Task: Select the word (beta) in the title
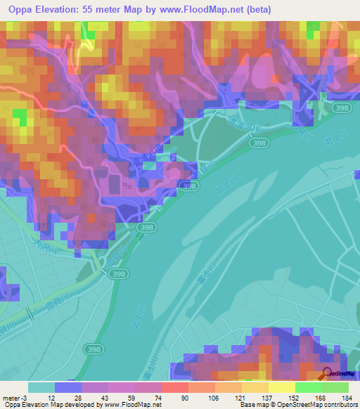257,10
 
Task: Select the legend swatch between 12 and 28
68,387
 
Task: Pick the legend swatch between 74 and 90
175,387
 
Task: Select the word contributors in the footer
337,405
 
